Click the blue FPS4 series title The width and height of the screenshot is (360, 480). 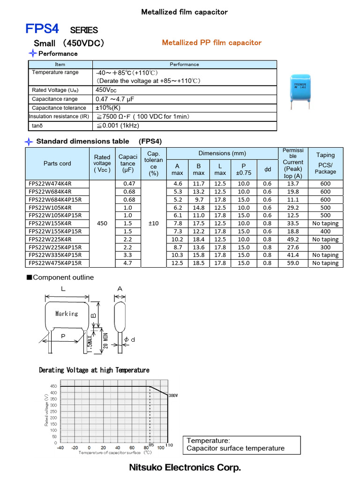pyautogui.click(x=42, y=30)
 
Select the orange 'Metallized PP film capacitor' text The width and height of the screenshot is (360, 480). pyautogui.click(x=211, y=43)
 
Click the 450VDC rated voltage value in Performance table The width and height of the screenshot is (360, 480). pyautogui.click(x=106, y=90)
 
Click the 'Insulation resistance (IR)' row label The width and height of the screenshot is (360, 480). pyautogui.click(x=59, y=117)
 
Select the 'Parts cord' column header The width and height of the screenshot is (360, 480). pyautogui.click(x=57, y=164)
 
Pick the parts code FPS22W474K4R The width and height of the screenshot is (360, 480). pyautogui.click(x=50, y=184)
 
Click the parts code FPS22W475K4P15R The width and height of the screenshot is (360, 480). pyautogui.click(x=55, y=263)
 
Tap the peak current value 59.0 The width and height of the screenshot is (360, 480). pyautogui.click(x=292, y=263)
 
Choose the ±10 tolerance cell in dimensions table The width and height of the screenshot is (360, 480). pyautogui.click(x=153, y=224)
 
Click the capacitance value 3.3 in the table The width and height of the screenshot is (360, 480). pyautogui.click(x=127, y=255)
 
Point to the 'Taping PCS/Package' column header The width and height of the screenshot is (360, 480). pyautogui.click(x=325, y=163)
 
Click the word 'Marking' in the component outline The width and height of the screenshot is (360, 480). pyautogui.click(x=67, y=314)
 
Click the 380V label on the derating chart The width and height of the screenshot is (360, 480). pyautogui.click(x=173, y=396)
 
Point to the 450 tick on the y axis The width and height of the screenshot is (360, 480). pyautogui.click(x=53, y=386)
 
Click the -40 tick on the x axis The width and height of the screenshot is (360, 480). pyautogui.click(x=60, y=448)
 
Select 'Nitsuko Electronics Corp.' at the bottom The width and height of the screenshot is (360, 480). pyautogui.click(x=185, y=468)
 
